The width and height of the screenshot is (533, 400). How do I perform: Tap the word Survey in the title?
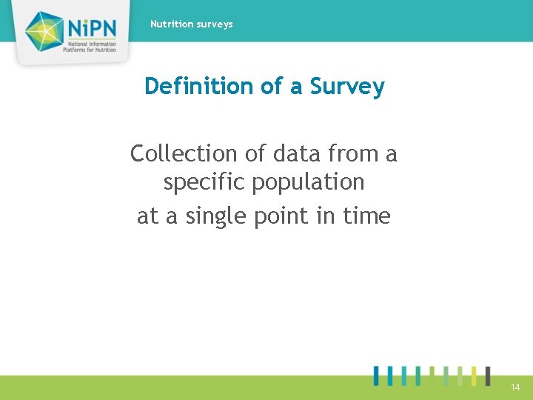(x=347, y=87)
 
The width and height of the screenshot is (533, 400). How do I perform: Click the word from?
(x=352, y=154)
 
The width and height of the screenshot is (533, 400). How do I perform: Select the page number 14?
(x=515, y=387)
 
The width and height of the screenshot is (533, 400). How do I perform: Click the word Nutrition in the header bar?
(x=170, y=24)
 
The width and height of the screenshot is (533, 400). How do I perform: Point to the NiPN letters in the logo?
(x=92, y=27)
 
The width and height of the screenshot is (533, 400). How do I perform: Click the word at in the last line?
(x=147, y=216)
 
